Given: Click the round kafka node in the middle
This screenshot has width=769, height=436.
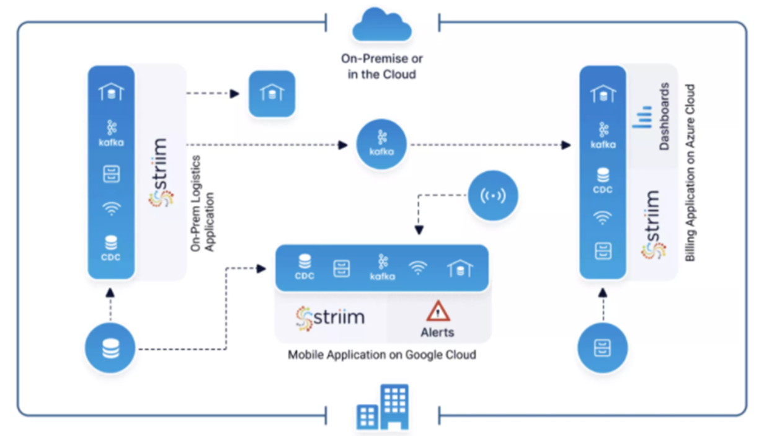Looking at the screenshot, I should point(381,145).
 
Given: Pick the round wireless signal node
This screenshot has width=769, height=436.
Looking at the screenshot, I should point(493,196).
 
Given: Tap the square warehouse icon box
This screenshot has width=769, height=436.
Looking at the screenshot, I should point(272,94).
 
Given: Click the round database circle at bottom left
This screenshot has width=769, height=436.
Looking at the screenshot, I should point(110,349).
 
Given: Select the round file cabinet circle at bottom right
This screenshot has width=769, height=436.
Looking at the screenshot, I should point(602,348).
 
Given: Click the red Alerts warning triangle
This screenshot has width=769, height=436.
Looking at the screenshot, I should point(437,310).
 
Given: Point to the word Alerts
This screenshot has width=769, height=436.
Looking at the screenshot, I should point(437,332).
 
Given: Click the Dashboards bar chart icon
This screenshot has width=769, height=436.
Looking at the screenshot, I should point(642,117).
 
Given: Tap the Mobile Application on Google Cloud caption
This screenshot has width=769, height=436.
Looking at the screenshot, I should point(382,355).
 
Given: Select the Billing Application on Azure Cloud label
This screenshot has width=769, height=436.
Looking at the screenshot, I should point(690,172).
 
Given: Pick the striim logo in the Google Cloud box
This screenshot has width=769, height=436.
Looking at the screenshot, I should point(330,318).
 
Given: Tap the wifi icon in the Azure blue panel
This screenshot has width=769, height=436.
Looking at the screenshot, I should point(602,218).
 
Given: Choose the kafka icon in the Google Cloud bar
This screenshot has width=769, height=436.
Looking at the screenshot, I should point(383,267).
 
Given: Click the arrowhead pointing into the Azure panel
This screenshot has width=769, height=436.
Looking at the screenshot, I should point(566,145).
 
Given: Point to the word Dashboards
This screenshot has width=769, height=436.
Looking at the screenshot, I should point(664,117).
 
